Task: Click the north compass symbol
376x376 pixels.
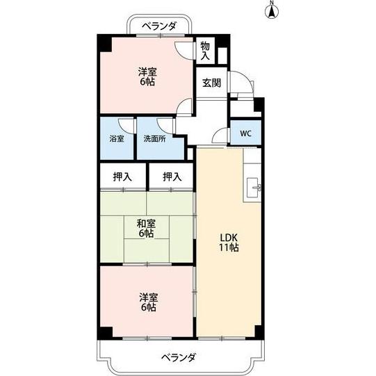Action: tap(272, 10)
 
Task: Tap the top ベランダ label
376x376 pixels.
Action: tap(159, 26)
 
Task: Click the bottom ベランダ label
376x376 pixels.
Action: tap(179, 357)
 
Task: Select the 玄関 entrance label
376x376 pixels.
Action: tap(211, 83)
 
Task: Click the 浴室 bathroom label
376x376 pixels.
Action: tap(117, 138)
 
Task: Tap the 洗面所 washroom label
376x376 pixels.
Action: tap(154, 138)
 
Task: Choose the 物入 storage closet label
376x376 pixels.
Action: tap(205, 51)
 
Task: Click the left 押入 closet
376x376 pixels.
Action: tap(122, 177)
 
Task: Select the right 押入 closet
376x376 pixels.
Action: tap(172, 177)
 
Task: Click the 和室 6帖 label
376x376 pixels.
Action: tap(145, 228)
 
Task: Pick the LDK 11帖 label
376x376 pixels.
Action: tap(229, 242)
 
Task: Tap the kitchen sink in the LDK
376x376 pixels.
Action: tap(253, 186)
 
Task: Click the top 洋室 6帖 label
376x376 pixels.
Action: tap(145, 76)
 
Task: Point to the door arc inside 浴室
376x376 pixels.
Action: tap(125, 125)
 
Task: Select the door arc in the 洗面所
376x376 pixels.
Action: tap(165, 125)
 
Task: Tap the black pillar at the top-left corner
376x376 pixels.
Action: tap(104, 42)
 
